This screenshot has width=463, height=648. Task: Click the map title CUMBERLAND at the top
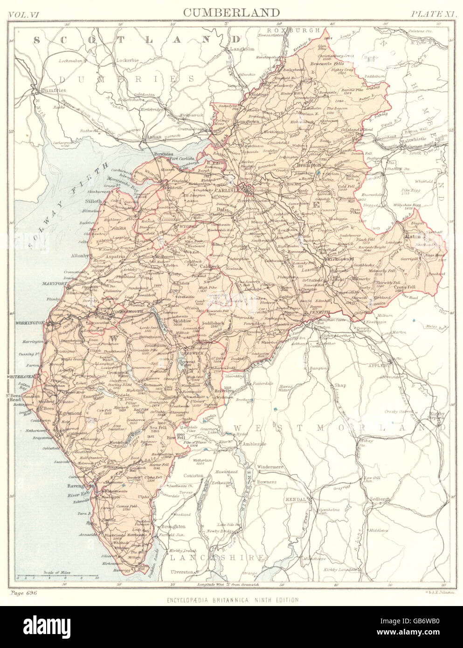(x=231, y=12)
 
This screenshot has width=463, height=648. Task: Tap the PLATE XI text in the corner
(x=433, y=13)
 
